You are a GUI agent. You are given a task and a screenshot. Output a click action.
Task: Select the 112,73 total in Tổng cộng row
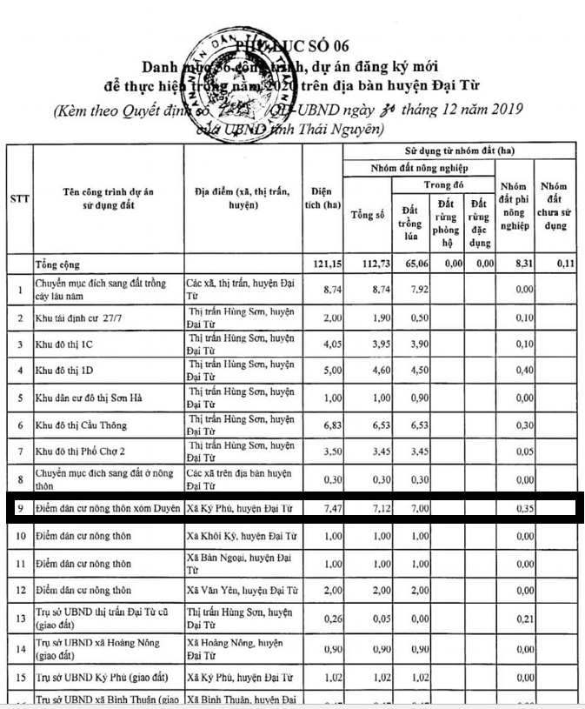[368, 264]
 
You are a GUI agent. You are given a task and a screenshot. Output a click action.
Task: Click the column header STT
[19, 198]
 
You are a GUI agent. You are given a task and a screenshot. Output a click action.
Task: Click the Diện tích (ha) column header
[323, 198]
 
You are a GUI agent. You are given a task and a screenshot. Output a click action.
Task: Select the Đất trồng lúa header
[411, 222]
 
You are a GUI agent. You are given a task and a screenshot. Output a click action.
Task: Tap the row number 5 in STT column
[19, 398]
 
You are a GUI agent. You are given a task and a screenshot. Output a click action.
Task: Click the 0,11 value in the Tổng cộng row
[567, 264]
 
